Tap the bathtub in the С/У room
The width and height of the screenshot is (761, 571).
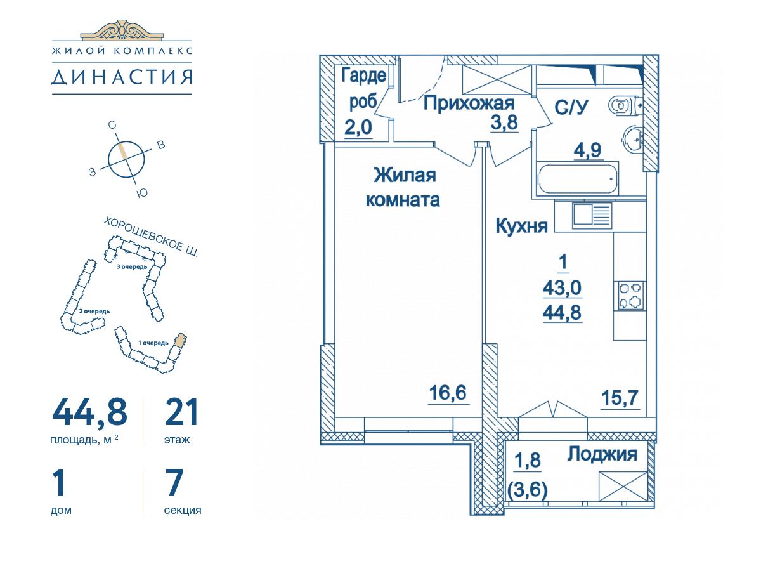coord(577,179)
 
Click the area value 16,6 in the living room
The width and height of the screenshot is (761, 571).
coord(448,393)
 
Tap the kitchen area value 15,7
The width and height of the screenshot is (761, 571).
coord(620,398)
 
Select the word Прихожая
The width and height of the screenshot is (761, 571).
coord(469,103)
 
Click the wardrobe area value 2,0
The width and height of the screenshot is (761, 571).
coord(358,128)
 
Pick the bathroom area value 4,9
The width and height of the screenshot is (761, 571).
coord(587,150)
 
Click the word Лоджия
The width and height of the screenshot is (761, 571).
coord(602,454)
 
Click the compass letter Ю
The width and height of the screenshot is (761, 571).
coord(142,193)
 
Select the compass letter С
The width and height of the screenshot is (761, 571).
coord(112,125)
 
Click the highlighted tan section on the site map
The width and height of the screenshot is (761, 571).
coord(180,340)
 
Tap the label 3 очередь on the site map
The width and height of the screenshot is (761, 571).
coord(131,266)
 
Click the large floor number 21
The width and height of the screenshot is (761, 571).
coord(181,412)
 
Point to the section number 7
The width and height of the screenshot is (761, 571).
coord(174,482)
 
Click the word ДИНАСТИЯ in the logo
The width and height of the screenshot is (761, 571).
coord(122,77)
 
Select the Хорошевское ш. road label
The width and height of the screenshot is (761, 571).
coord(151,237)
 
